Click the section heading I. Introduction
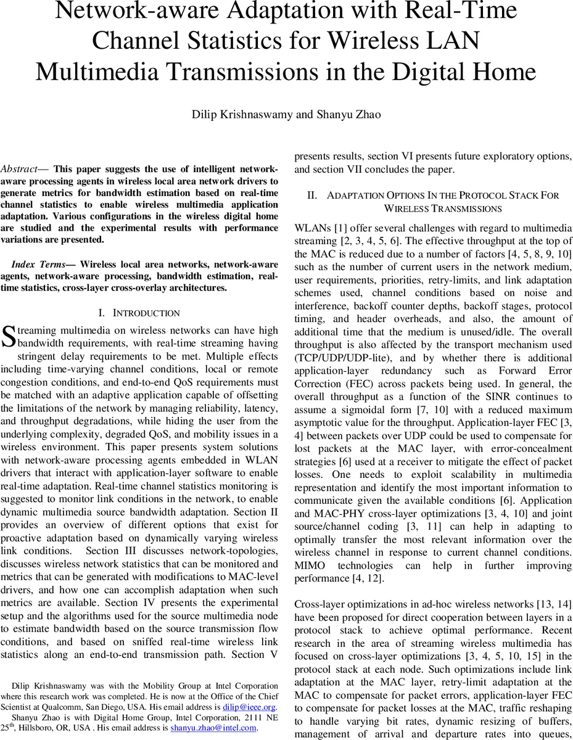(139, 313)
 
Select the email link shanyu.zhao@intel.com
(213, 728)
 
